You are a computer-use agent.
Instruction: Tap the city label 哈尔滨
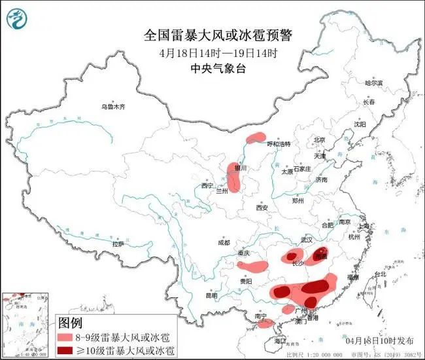[x=374, y=83]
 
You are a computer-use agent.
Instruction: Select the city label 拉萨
[x=118, y=243]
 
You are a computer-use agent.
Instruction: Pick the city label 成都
[x=223, y=243]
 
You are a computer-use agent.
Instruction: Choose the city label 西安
[x=262, y=207]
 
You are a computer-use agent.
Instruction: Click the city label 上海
[x=365, y=226]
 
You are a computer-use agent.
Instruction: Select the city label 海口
[x=280, y=341]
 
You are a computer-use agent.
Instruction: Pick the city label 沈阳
[x=360, y=124]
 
